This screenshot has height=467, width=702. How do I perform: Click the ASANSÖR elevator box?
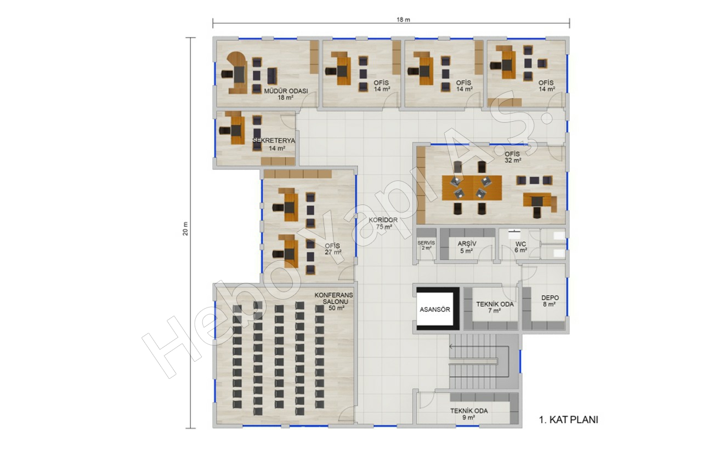(436, 309)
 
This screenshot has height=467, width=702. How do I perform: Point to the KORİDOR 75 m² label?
(383, 223)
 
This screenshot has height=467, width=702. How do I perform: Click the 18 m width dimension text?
(403, 20)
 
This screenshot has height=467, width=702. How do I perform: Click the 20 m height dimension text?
(185, 229)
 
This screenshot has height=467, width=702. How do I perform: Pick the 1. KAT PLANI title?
(569, 420)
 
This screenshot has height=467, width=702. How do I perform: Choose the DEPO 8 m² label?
(550, 301)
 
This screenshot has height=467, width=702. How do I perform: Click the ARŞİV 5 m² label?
(467, 247)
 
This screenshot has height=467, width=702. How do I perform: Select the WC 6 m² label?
(521, 247)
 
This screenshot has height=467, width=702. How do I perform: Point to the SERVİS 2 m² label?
(426, 245)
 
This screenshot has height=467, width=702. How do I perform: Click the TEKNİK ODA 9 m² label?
(469, 414)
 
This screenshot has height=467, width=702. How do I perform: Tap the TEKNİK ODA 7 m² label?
(495, 307)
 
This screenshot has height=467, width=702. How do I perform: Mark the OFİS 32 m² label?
(513, 157)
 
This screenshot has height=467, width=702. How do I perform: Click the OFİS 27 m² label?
(333, 249)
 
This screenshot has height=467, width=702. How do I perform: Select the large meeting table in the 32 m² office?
(472, 188)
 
